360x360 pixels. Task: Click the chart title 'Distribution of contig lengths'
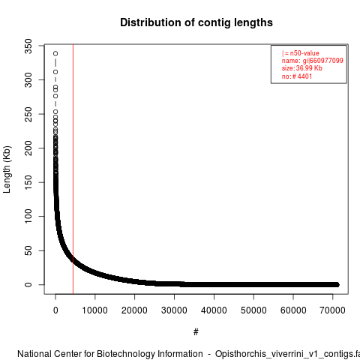pos(196,22)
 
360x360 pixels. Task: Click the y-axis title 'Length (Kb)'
pos(7,169)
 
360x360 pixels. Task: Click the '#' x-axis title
pos(196,332)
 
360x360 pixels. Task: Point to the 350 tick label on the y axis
pos(28,46)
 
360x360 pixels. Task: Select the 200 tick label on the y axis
pos(28,148)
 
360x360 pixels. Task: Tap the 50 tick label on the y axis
pos(28,250)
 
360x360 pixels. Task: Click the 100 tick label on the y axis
pos(28,216)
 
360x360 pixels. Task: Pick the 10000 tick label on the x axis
pos(95,310)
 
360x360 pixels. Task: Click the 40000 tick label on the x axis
pos(214,310)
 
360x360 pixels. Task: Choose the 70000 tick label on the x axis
pos(332,310)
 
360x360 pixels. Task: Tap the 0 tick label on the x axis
pos(55,310)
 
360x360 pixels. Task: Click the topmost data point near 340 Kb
pos(55,53)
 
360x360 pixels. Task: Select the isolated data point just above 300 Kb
pos(55,72)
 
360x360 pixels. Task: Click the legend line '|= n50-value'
pos(301,53)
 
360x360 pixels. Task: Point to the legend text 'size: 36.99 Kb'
pos(302,68)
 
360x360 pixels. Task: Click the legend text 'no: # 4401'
pos(297,76)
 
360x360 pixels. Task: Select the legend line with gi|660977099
pos(313,61)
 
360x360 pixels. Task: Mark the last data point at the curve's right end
pos(337,284)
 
